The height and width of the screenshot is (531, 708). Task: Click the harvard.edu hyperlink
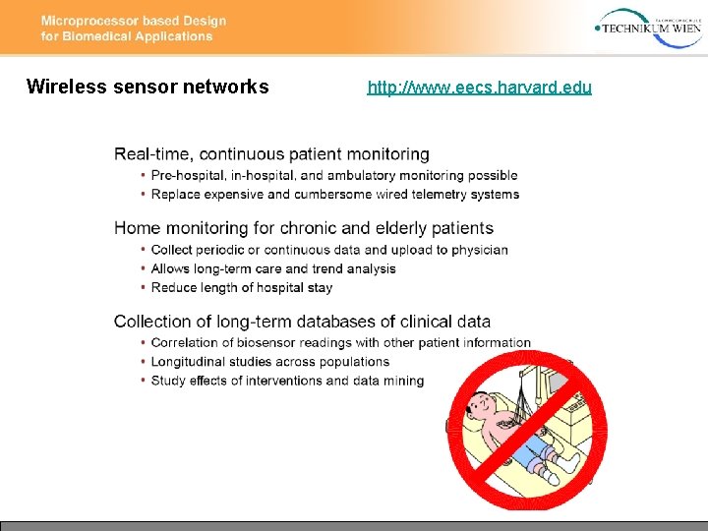pos(479,88)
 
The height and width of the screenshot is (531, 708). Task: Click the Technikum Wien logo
pos(648,27)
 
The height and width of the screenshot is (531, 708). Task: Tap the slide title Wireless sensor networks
pos(147,87)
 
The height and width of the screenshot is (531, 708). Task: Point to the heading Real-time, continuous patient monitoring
pos(271,154)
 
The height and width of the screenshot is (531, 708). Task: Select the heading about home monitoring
pos(303,228)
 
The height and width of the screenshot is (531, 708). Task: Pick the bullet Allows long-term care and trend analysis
pos(273,268)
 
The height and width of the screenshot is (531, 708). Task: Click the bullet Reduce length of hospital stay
pos(242,287)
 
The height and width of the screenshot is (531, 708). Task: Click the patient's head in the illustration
pos(482,403)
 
